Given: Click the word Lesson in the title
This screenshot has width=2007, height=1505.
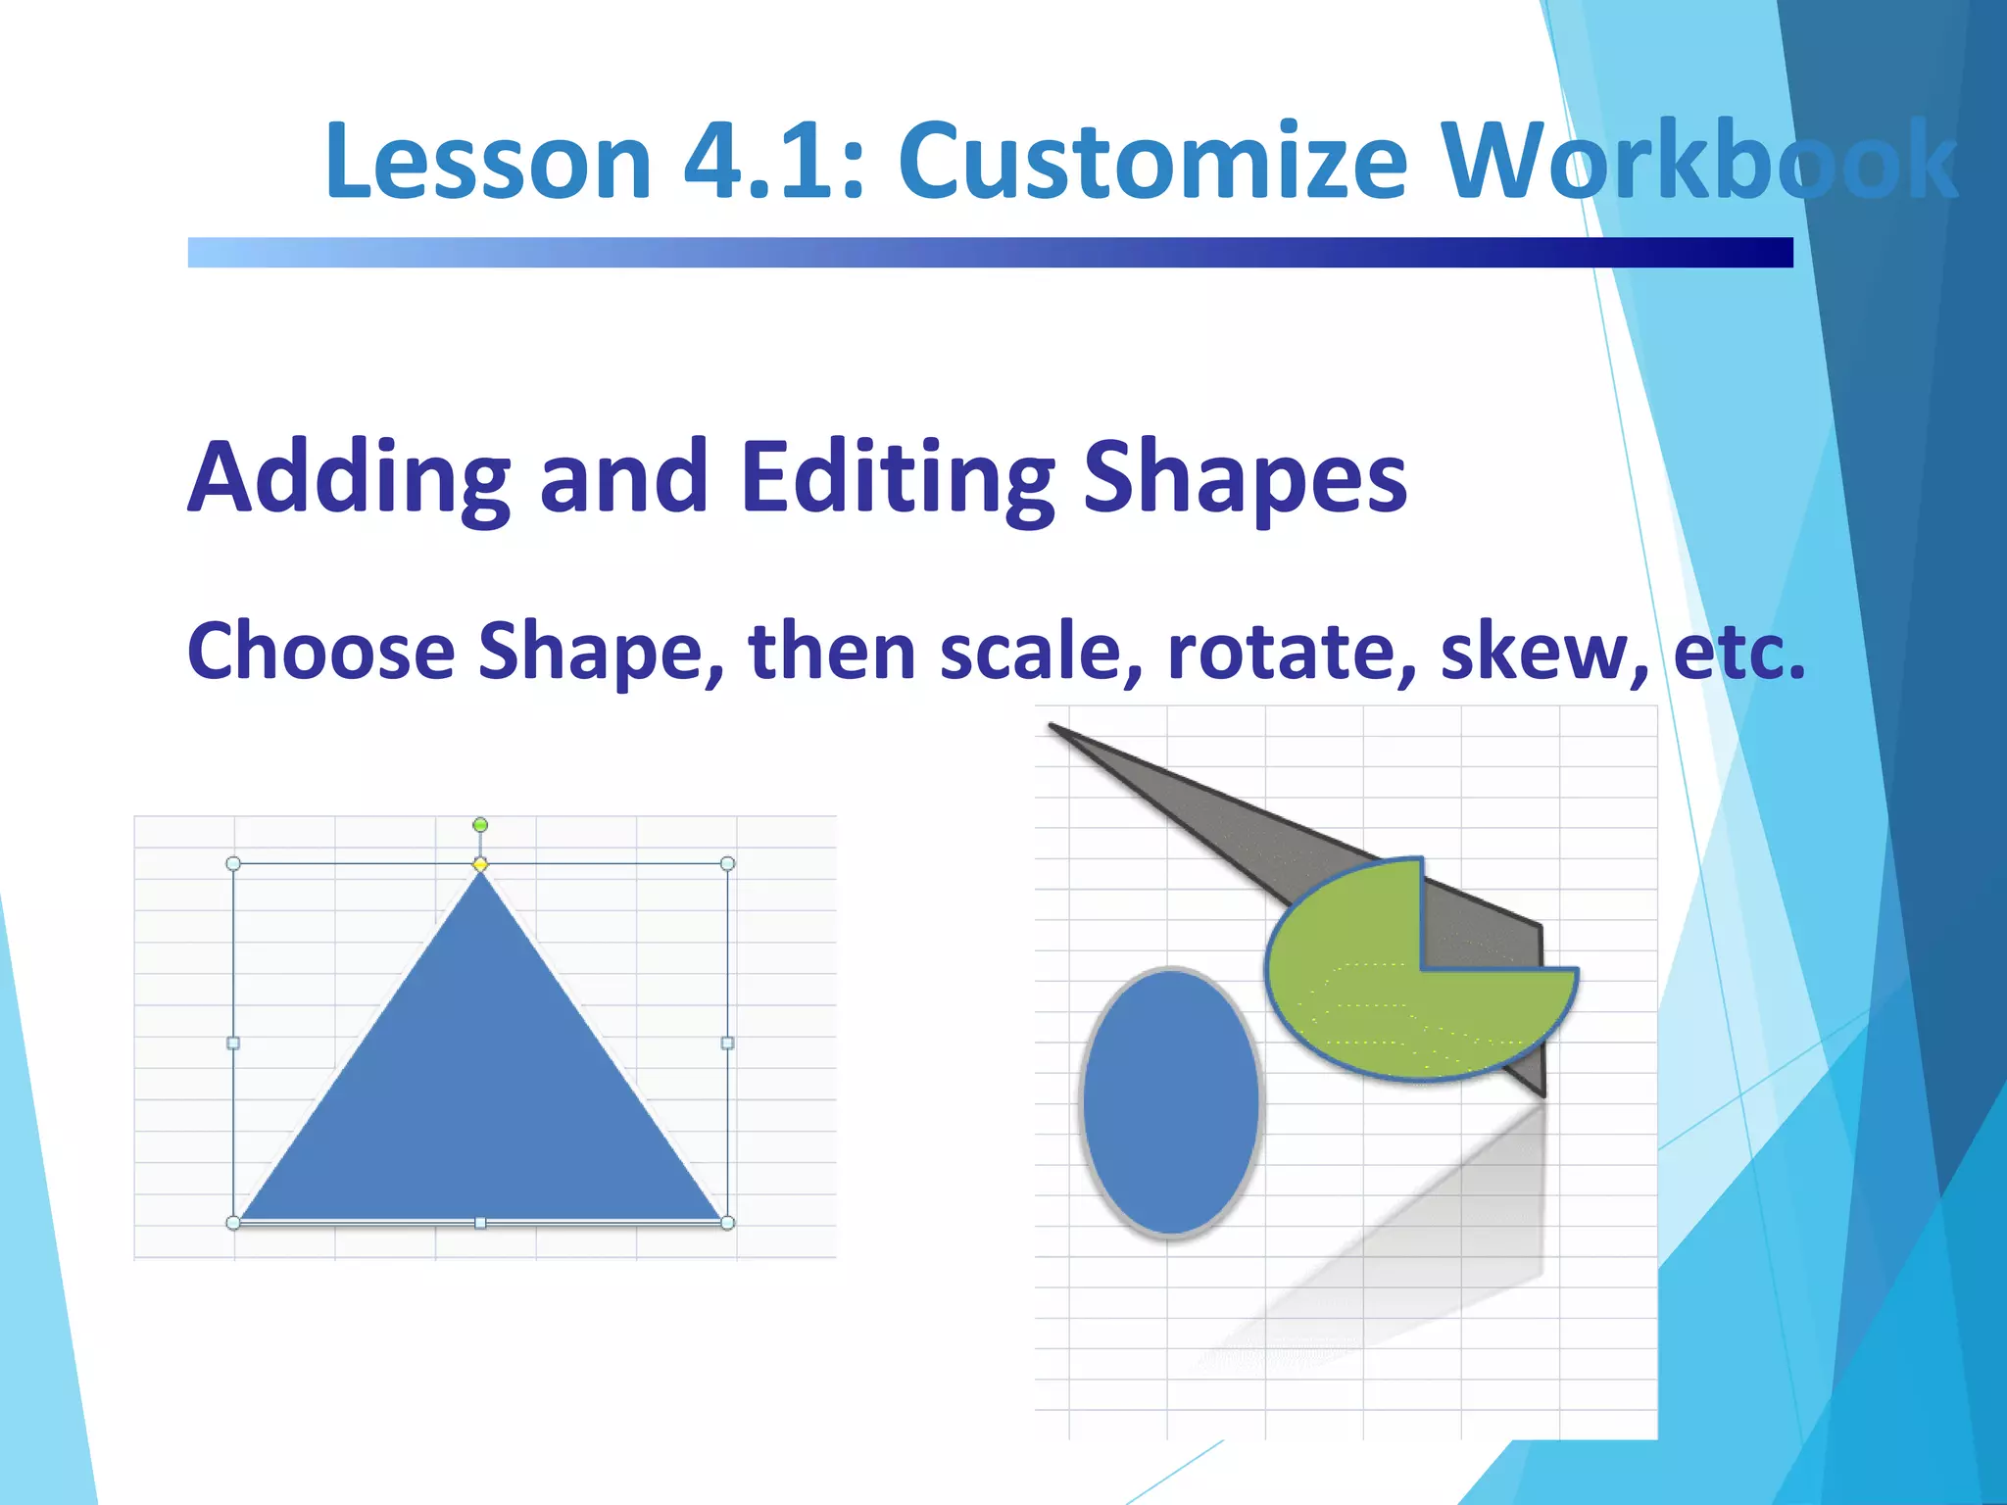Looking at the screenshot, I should pyautogui.click(x=487, y=162).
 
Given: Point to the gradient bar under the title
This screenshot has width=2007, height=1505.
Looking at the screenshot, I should pyautogui.click(x=990, y=252).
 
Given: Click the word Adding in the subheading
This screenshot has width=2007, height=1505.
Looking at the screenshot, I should pyautogui.click(x=349, y=477).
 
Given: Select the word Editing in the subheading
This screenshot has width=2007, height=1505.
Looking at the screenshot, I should pyautogui.click(x=897, y=477).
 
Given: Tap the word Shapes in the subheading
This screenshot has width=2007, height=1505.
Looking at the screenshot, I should pyautogui.click(x=1245, y=477).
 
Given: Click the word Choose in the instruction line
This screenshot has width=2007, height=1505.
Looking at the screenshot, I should pyautogui.click(x=321, y=652).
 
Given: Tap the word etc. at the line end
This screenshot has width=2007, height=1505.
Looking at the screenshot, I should pyautogui.click(x=1738, y=652).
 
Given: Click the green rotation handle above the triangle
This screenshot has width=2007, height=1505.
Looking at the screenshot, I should pyautogui.click(x=480, y=825).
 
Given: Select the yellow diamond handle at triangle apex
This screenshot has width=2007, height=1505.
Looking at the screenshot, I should pyautogui.click(x=480, y=864).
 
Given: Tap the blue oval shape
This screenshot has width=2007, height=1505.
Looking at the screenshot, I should pyautogui.click(x=1170, y=1101).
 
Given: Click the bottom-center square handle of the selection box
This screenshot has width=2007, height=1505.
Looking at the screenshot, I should pyautogui.click(x=480, y=1223).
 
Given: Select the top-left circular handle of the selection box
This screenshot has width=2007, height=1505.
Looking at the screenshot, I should pyautogui.click(x=233, y=863).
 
